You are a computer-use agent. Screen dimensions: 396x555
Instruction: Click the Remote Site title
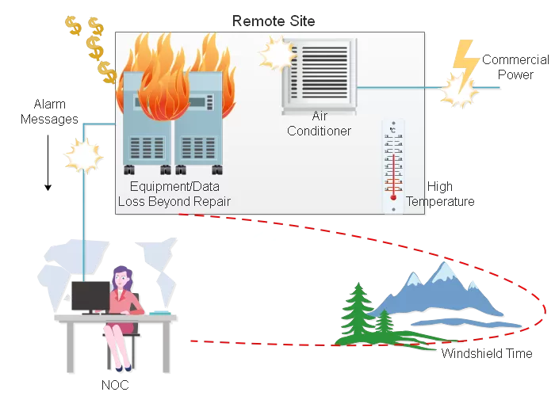tap(273, 20)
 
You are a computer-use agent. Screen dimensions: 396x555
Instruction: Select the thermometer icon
tap(392, 166)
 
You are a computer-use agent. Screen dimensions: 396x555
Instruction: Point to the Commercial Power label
tap(515, 67)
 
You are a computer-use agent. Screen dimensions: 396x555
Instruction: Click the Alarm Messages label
tap(55, 112)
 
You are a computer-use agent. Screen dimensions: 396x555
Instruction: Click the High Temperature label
tap(440, 194)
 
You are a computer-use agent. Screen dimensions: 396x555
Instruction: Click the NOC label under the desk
tap(115, 386)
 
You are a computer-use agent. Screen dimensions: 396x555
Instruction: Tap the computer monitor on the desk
tap(90, 296)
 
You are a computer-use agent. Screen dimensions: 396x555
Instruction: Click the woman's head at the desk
tap(123, 276)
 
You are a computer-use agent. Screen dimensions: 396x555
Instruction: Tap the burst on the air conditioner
tap(275, 54)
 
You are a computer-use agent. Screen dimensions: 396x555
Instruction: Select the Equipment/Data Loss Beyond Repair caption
tap(174, 194)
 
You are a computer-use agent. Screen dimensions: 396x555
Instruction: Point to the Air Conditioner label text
tap(319, 124)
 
